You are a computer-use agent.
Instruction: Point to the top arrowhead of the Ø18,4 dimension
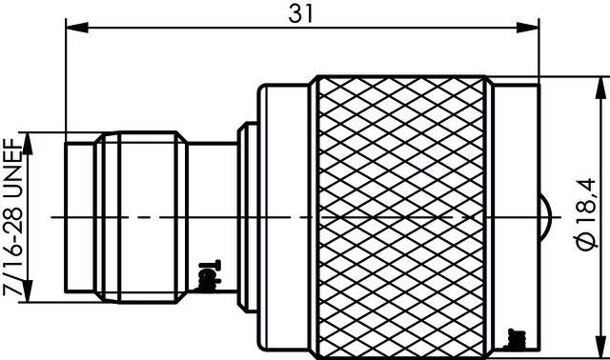(600, 85)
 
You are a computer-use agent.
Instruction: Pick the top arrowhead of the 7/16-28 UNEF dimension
(31, 137)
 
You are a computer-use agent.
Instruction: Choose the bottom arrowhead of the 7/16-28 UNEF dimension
(31, 297)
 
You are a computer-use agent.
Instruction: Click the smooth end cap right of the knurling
(514, 190)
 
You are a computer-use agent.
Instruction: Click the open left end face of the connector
(68, 217)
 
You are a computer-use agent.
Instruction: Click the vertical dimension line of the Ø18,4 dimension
(600, 143)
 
